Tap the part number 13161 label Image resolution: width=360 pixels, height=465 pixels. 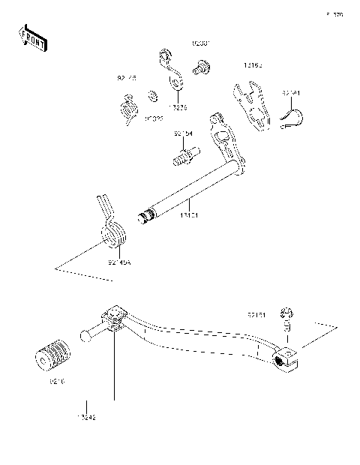pos(188,214)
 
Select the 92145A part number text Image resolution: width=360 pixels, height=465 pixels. pos(118,263)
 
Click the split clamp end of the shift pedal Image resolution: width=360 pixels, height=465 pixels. pos(287,358)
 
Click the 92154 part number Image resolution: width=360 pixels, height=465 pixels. pos(183,133)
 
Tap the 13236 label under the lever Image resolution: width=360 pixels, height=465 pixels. pos(177,107)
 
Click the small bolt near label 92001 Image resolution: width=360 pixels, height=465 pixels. pos(200,70)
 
